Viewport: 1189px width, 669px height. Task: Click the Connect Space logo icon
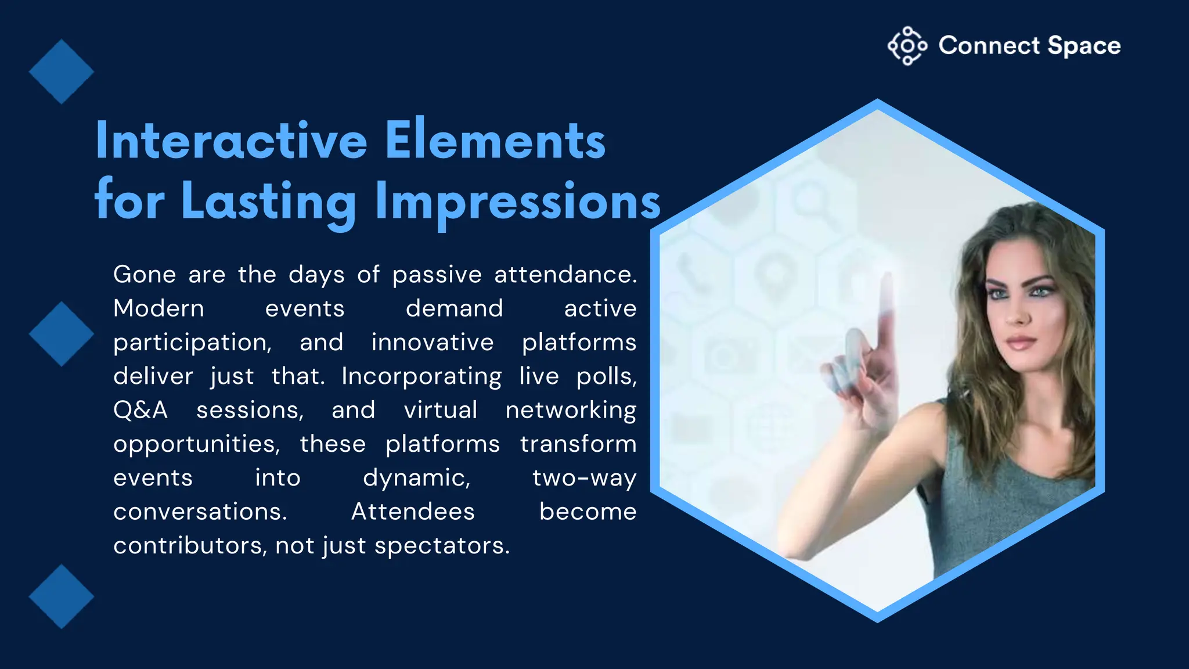(907, 45)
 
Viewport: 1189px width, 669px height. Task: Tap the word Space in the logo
(1084, 46)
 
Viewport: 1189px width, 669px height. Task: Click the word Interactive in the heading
(231, 141)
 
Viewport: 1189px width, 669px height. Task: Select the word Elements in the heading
(495, 141)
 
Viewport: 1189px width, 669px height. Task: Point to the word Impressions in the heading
(518, 202)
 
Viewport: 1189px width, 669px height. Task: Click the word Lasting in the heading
(269, 202)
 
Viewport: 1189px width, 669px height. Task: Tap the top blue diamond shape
(62, 72)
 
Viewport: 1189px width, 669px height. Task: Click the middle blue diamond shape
(62, 334)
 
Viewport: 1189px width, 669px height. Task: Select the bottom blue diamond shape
(62, 596)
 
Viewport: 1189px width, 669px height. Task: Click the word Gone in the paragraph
(145, 275)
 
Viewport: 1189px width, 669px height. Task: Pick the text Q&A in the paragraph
(140, 410)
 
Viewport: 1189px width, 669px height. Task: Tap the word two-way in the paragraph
(584, 478)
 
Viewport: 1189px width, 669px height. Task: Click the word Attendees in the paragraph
(413, 512)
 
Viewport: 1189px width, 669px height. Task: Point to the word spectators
(441, 546)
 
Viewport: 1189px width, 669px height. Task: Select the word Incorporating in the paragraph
(421, 376)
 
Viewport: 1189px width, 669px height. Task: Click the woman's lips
(1021, 343)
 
